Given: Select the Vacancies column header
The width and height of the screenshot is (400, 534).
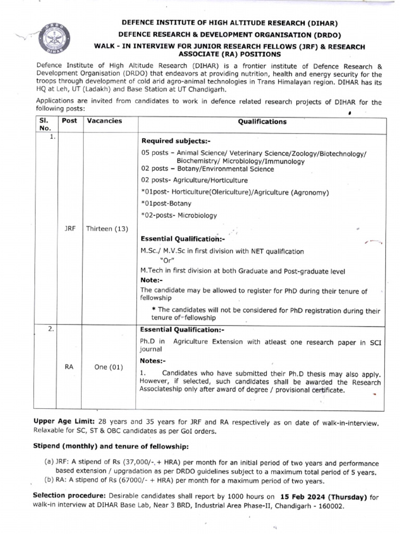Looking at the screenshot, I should click(104, 121).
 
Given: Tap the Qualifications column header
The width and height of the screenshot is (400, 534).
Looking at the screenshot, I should click(262, 122).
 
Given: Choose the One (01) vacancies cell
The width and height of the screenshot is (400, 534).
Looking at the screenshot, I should click(108, 367).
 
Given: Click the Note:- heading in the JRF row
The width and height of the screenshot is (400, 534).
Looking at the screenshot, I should click(152, 281).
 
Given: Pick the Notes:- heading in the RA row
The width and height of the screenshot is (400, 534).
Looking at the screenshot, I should click(154, 361).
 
